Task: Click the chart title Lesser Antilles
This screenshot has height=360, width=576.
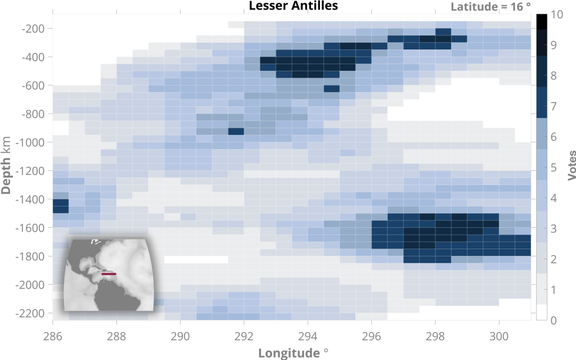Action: point(293,6)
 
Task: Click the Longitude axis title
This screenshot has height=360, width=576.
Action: point(293,353)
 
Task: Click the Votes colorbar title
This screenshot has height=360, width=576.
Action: point(570,165)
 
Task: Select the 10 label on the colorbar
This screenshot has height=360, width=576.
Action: point(558,15)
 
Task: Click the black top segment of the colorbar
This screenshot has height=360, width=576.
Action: point(542,21)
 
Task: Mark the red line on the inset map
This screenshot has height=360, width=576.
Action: point(109,274)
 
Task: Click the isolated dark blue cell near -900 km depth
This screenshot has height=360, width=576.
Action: point(236,132)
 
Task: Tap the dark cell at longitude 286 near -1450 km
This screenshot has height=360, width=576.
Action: point(60,206)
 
